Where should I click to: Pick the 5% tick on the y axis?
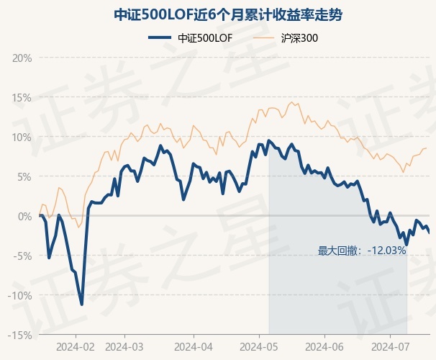(x=24, y=176)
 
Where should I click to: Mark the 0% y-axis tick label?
(x=24, y=216)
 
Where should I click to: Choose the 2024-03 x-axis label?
(x=124, y=346)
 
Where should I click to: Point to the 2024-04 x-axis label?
(x=194, y=346)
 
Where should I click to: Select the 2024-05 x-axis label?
(x=260, y=346)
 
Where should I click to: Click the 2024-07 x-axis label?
(x=389, y=346)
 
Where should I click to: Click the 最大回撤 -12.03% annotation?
(x=362, y=251)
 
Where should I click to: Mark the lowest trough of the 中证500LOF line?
(x=82, y=304)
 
